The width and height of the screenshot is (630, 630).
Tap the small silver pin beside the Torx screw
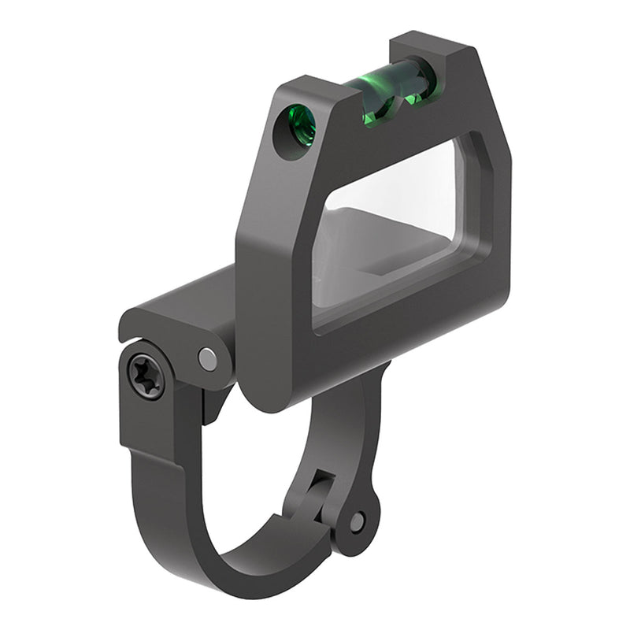coord(208,359)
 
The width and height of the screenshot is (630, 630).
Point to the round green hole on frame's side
coord(300,127)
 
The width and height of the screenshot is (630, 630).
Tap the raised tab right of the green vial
coord(441,55)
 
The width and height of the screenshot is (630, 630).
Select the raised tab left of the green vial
coord(315,87)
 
